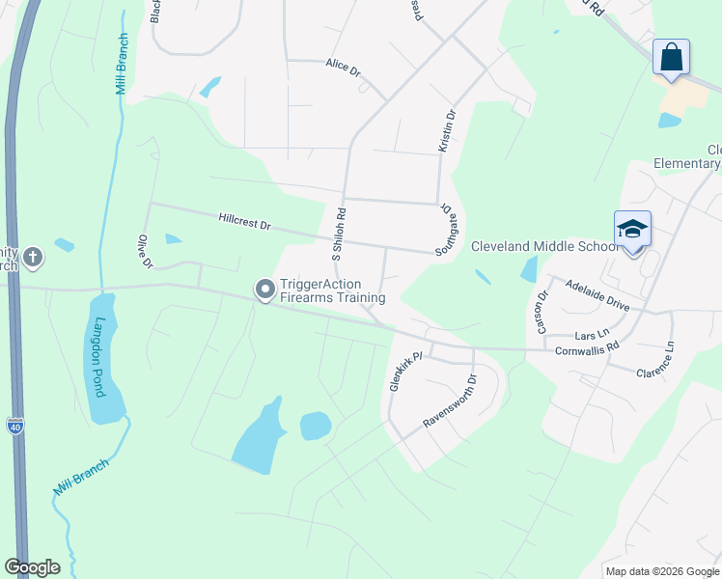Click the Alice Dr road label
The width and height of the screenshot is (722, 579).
(343, 66)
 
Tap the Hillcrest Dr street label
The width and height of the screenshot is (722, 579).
(244, 222)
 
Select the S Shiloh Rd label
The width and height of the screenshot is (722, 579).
(339, 234)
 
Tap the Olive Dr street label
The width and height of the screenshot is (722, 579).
(147, 250)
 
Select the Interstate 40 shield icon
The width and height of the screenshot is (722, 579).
(14, 425)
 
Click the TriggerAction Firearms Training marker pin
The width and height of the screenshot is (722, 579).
(264, 289)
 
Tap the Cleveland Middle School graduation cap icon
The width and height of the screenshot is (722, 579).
(632, 230)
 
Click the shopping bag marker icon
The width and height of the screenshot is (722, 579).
(671, 57)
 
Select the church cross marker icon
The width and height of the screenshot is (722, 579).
(34, 257)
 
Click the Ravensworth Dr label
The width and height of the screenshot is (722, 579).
(450, 402)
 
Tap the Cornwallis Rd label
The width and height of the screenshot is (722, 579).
(587, 352)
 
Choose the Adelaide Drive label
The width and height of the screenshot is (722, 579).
(597, 296)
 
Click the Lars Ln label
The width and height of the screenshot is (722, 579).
(594, 334)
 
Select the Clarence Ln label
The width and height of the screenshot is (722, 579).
(666, 361)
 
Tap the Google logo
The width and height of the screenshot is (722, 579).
(32, 567)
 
